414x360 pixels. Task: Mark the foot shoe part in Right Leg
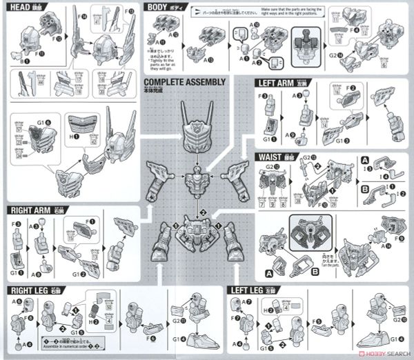[x=195, y=339]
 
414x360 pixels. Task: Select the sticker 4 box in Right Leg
[x=110, y=319]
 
